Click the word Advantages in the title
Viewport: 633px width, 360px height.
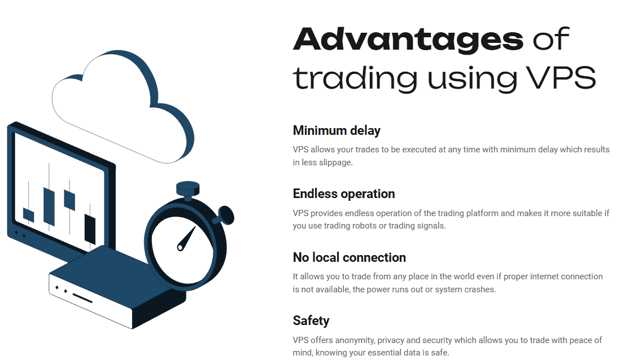[x=408, y=38]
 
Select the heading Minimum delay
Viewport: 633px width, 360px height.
[x=337, y=130]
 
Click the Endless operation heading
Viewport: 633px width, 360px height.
[x=343, y=194]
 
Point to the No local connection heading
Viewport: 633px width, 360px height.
[x=349, y=257]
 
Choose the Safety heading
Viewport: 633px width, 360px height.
[x=311, y=321]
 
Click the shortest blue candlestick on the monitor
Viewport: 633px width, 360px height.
[x=29, y=215]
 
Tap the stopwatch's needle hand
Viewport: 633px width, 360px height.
[x=186, y=239]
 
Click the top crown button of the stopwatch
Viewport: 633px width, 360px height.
[x=187, y=188]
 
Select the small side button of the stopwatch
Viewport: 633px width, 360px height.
[x=224, y=214]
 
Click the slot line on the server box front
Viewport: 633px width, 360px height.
[x=82, y=297]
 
